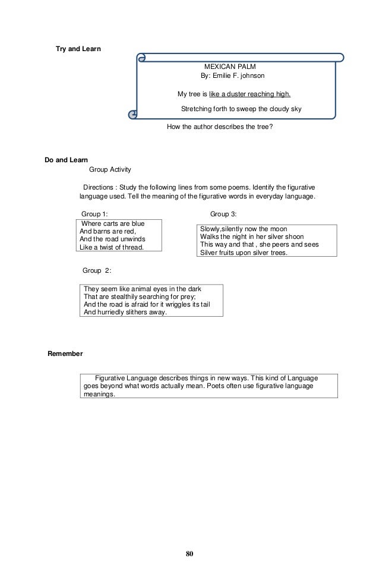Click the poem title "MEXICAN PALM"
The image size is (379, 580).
click(x=230, y=68)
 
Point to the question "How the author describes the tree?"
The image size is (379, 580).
click(x=220, y=127)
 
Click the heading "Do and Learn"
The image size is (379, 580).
click(x=67, y=160)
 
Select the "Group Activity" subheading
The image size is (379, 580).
click(x=110, y=169)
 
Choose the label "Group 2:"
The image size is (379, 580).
click(x=97, y=270)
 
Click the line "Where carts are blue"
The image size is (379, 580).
click(x=113, y=223)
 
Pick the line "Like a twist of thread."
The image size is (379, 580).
click(x=112, y=247)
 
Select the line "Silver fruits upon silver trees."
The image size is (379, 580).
click(x=244, y=253)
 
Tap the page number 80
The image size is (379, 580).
click(x=190, y=554)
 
